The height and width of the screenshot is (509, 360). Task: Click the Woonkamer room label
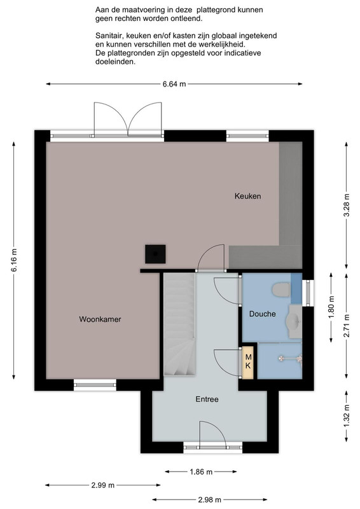point(100,319)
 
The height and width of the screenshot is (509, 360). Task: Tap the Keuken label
point(247,196)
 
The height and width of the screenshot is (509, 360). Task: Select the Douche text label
point(262,314)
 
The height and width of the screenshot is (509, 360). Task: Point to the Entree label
point(207,400)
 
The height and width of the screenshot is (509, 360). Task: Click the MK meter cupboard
point(248,362)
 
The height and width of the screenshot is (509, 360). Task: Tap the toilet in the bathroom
point(281,289)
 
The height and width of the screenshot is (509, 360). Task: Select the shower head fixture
point(291,359)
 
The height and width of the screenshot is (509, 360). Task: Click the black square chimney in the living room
point(155,254)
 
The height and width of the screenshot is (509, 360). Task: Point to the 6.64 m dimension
point(174,84)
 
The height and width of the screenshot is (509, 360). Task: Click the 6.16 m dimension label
point(14,260)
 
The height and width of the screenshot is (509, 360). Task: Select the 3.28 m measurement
point(347,205)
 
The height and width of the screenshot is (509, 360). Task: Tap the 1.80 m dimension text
point(331,307)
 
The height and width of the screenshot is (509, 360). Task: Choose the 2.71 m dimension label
point(347,325)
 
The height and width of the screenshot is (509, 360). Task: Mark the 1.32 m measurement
point(347,416)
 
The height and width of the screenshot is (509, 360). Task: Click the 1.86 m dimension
point(201,471)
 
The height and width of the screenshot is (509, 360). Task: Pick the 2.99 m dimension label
point(102,485)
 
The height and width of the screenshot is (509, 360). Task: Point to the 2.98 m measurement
point(209,499)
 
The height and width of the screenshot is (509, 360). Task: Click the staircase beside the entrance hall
point(179,324)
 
